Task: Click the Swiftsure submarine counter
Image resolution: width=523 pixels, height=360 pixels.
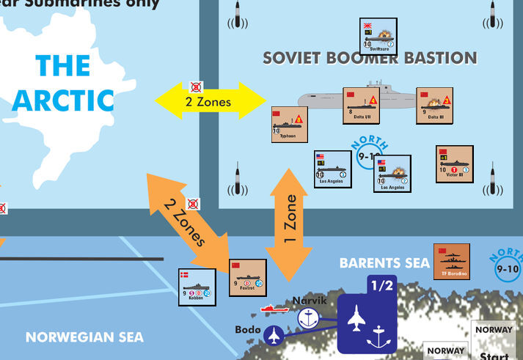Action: pos(378,37)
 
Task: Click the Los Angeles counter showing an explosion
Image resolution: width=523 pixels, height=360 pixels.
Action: pos(392,175)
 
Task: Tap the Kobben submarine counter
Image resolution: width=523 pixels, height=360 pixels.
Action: pos(197,287)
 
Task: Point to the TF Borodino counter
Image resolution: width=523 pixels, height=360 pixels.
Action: pos(452,261)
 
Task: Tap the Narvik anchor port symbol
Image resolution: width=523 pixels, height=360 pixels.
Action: pos(309,317)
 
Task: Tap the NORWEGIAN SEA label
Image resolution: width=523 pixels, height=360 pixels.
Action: pos(84,338)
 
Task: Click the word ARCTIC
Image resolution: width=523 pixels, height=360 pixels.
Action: pos(63,99)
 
